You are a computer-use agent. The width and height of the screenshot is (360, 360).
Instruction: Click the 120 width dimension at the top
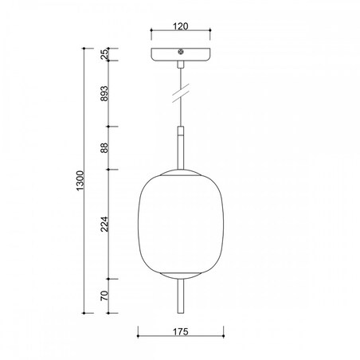pyautogui.click(x=180, y=26)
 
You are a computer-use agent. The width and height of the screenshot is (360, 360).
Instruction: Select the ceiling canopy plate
pyautogui.click(x=181, y=57)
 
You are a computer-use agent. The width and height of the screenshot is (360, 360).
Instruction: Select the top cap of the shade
pyautogui.click(x=181, y=172)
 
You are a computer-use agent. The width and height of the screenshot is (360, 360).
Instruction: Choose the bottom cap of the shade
pyautogui.click(x=181, y=276)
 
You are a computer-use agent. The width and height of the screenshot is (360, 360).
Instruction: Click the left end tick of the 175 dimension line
pyautogui.click(x=139, y=330)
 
